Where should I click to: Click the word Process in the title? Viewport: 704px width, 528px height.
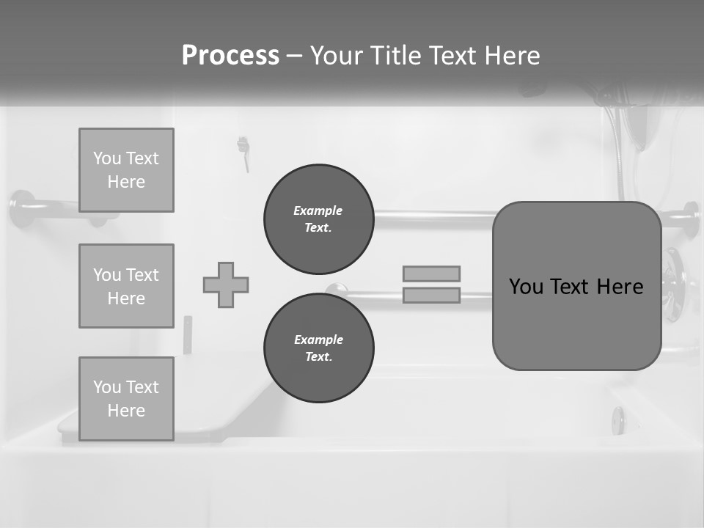coord(230,56)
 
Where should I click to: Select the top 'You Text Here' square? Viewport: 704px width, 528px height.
coord(126,170)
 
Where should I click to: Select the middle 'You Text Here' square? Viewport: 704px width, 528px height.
coord(126,286)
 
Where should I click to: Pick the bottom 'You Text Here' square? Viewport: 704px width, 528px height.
coord(126,398)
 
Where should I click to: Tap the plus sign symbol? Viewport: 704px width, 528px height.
coord(226,285)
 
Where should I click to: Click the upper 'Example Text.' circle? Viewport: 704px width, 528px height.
coord(318,219)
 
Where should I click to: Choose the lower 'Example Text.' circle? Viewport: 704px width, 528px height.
coord(318,348)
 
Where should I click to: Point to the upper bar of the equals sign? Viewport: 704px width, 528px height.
coord(431,274)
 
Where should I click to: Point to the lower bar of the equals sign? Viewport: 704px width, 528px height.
coord(431,295)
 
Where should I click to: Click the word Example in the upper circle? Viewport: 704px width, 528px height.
coord(318,210)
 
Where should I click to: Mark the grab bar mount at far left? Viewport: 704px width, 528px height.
coord(22,208)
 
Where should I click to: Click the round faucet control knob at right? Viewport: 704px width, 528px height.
coord(673,285)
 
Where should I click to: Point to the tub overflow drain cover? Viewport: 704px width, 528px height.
coord(619,420)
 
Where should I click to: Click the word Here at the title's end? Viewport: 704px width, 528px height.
coord(513,56)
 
